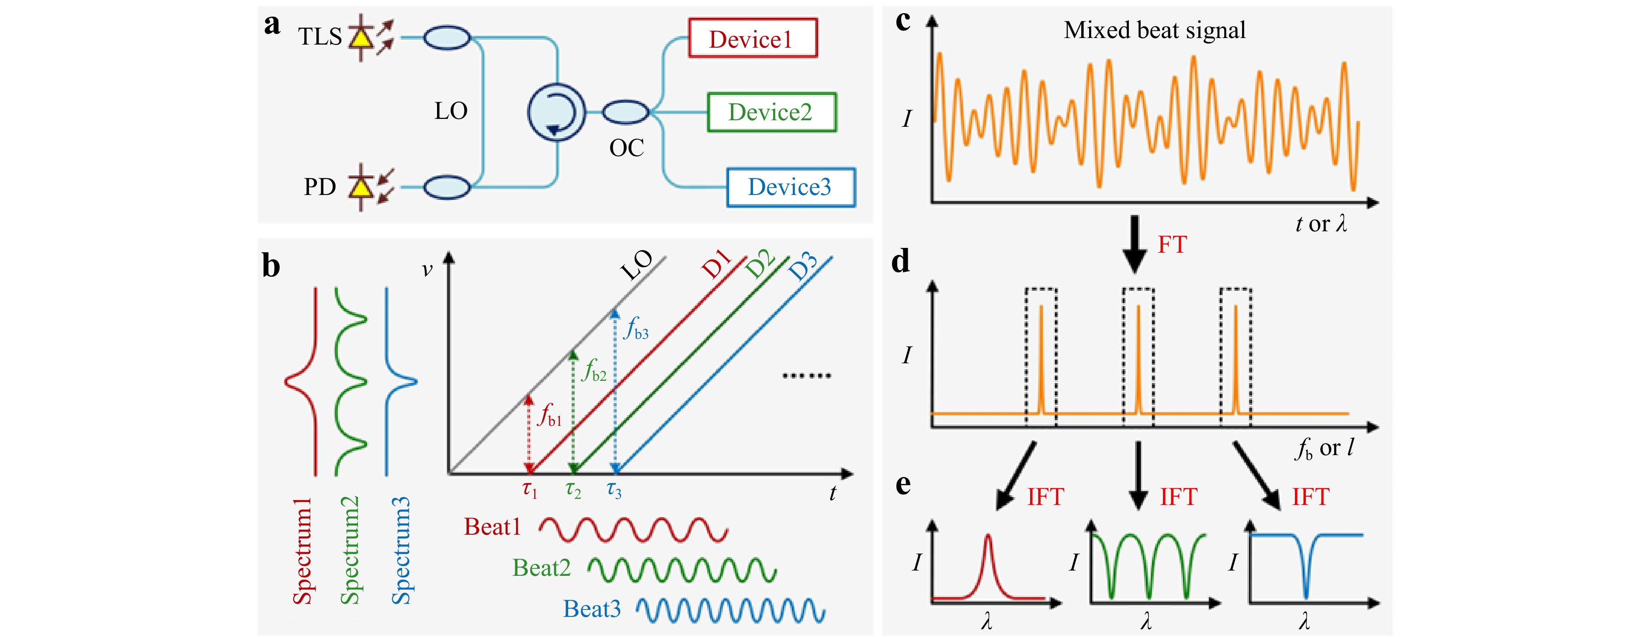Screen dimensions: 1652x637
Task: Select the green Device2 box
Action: [x=771, y=112]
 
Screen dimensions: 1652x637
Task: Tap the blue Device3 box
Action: [x=791, y=187]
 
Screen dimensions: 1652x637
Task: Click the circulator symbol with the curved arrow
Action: [x=556, y=113]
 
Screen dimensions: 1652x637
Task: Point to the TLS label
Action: [x=320, y=37]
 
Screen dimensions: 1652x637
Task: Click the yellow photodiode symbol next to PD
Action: [x=362, y=187]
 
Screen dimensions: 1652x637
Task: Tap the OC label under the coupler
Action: [x=627, y=148]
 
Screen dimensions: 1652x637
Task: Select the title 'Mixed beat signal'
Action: [x=1154, y=30]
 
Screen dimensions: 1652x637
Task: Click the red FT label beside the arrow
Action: [x=1172, y=244]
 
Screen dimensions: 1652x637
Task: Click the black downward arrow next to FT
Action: [x=1135, y=244]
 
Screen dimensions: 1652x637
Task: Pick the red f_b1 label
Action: [x=550, y=414]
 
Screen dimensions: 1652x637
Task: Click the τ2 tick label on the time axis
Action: [x=573, y=491]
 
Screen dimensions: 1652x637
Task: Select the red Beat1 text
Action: [x=493, y=527]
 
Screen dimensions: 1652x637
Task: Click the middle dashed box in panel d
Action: [x=1138, y=357]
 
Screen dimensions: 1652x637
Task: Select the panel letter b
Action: [x=271, y=265]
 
